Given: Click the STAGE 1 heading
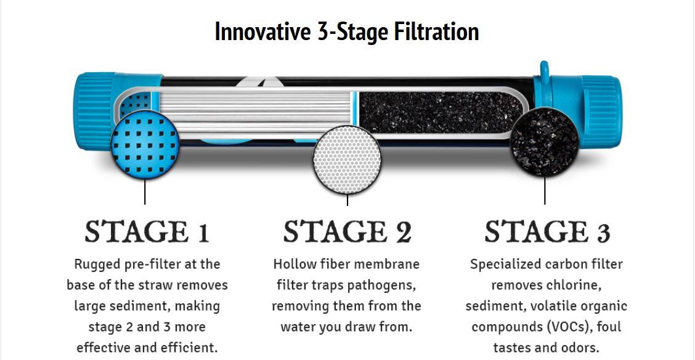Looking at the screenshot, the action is tap(147, 231).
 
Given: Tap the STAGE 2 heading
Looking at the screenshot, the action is tap(347, 231).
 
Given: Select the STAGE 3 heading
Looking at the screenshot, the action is tap(547, 231).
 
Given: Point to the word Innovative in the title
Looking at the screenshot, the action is tap(263, 31).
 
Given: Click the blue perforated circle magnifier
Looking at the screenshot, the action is tap(145, 144).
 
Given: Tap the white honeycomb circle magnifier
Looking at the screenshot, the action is tap(347, 160).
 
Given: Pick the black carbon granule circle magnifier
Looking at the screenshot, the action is tap(544, 141).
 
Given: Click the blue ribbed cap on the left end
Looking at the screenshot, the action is tap(96, 111).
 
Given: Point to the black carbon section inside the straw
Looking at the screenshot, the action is tap(439, 112).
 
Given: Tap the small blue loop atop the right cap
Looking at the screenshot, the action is tap(544, 71).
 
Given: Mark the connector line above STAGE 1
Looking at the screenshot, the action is tap(145, 192).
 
